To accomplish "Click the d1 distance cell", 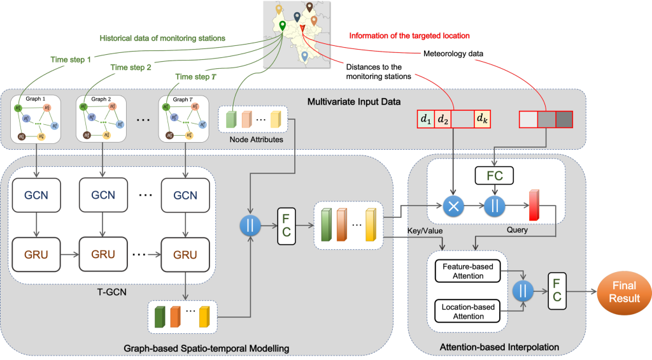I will pos(425,119).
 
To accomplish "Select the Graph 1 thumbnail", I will pos(33,119).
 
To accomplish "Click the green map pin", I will pos(283,26).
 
